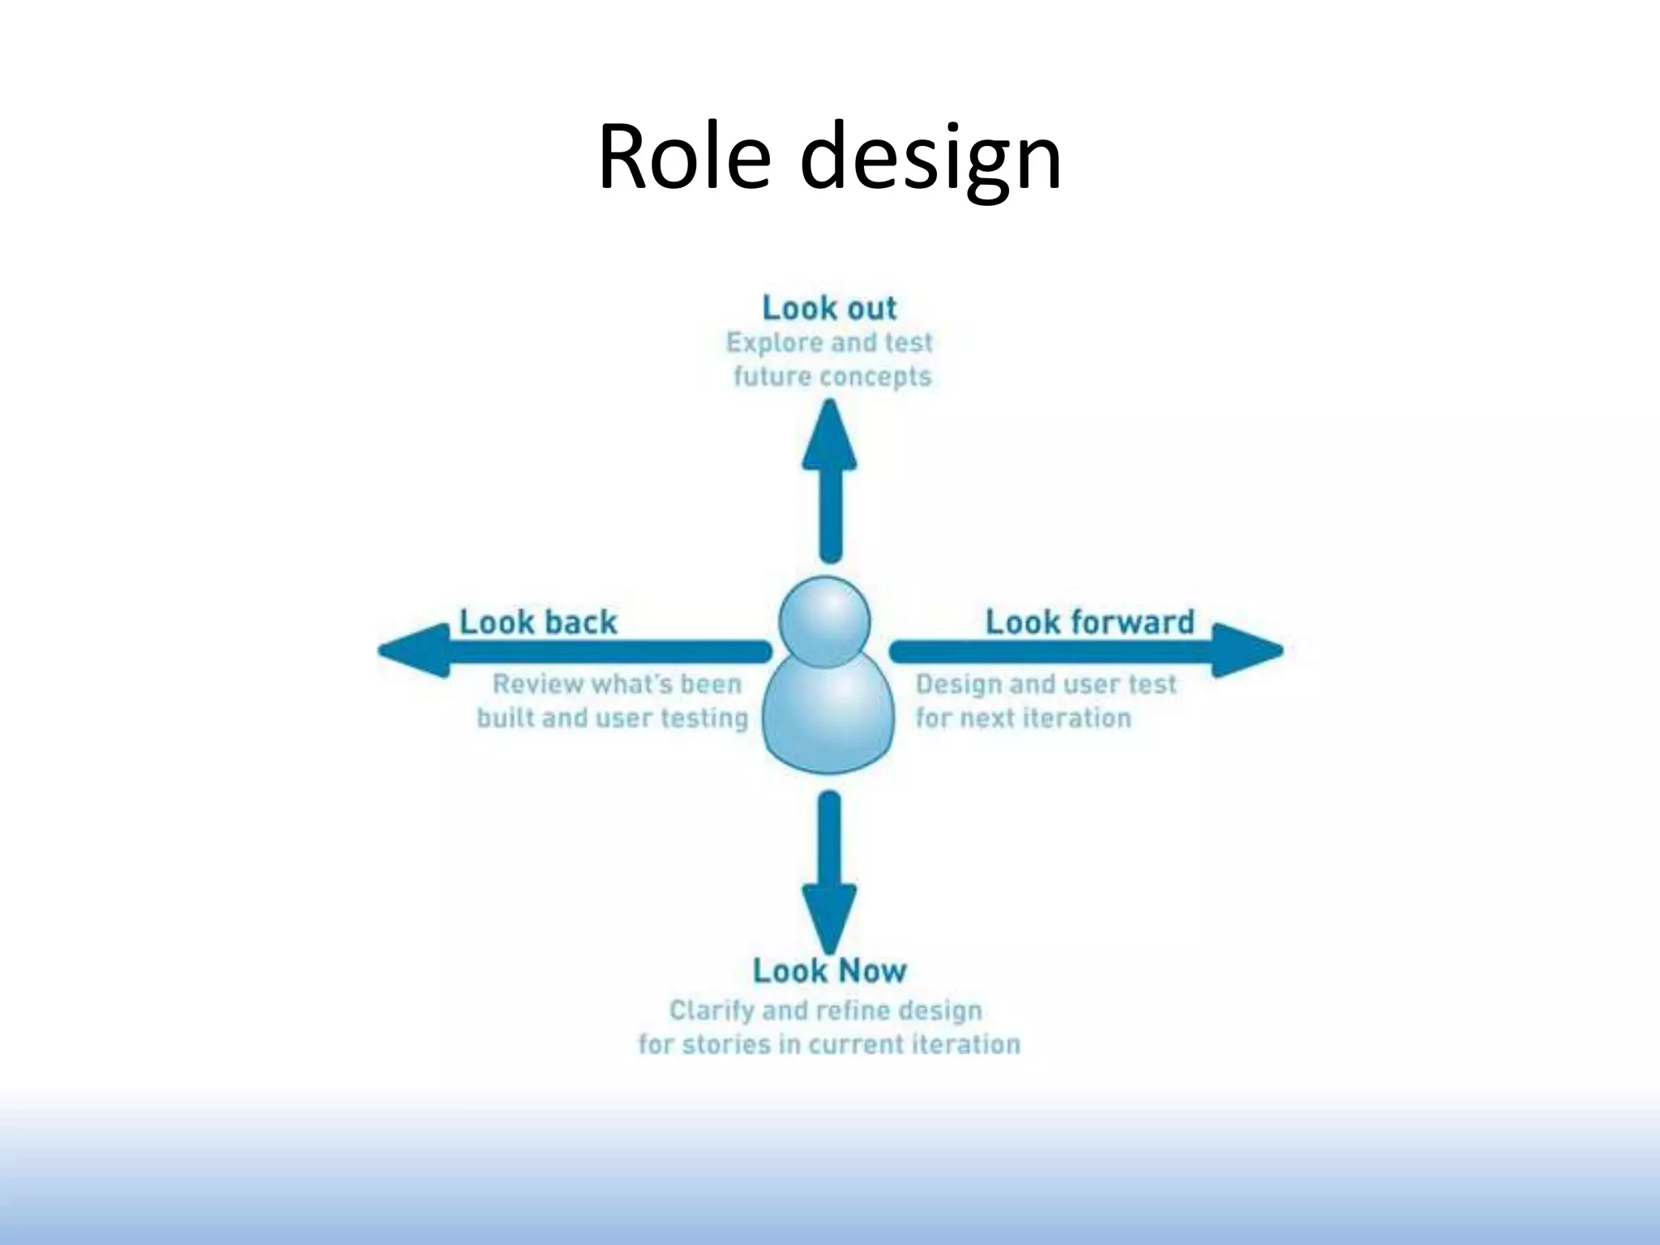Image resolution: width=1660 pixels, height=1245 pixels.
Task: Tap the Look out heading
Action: point(829,308)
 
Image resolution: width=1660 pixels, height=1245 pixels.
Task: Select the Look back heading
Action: point(538,622)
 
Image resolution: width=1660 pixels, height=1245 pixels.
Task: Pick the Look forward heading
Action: point(1089,622)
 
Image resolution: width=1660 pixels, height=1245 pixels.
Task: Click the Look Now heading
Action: point(829,970)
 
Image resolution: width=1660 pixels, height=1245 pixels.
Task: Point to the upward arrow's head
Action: point(829,438)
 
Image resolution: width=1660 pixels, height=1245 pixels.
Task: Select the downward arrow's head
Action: point(829,916)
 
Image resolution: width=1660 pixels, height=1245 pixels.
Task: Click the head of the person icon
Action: point(824,621)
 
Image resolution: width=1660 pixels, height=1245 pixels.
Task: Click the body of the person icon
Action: point(828,717)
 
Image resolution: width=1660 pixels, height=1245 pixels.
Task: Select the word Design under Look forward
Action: point(958,684)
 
